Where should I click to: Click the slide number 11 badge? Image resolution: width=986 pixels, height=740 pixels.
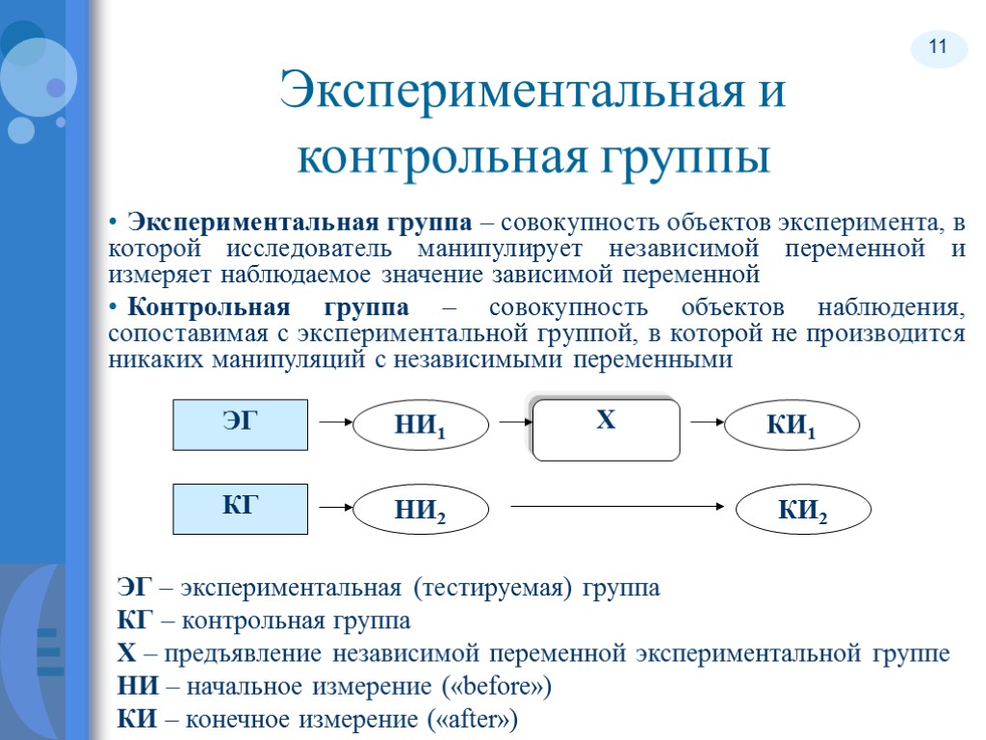(x=938, y=47)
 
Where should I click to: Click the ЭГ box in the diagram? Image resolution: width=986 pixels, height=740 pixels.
(x=240, y=425)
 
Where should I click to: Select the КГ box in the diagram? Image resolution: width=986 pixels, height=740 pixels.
(x=240, y=509)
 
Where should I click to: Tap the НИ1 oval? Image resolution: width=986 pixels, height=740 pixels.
(x=422, y=426)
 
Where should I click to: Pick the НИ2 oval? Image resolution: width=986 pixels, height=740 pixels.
(x=422, y=511)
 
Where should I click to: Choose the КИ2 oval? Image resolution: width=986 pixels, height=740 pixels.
(x=803, y=511)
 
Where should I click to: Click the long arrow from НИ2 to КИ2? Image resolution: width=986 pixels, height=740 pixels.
(x=616, y=505)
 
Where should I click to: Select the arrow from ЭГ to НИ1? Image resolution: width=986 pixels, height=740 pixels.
(x=332, y=422)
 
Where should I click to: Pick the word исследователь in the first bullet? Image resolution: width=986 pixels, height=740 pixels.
(x=310, y=249)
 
